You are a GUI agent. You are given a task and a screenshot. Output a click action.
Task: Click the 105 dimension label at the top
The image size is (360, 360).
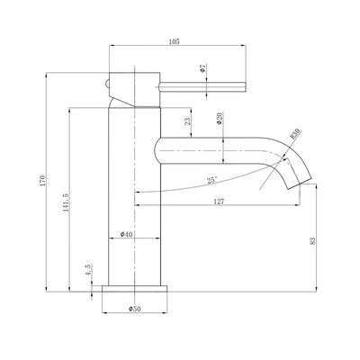point(174,41)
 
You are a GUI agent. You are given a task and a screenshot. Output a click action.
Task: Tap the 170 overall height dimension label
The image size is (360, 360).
point(42,181)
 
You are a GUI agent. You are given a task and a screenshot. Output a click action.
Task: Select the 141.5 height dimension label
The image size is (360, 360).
point(66,202)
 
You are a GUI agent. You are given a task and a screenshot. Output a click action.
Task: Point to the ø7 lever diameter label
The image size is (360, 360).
point(202,68)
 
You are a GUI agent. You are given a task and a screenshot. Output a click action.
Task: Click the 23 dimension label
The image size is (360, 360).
point(187,121)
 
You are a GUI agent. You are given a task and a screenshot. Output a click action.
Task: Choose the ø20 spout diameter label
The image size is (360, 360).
point(219,118)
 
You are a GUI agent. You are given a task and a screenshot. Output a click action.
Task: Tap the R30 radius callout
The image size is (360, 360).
point(294,134)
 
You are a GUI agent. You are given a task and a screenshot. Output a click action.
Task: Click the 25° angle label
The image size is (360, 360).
point(211,180)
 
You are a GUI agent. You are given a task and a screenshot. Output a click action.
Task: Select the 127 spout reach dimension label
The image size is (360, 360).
point(219,202)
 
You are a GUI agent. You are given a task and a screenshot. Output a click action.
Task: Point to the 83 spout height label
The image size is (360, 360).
point(313,241)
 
